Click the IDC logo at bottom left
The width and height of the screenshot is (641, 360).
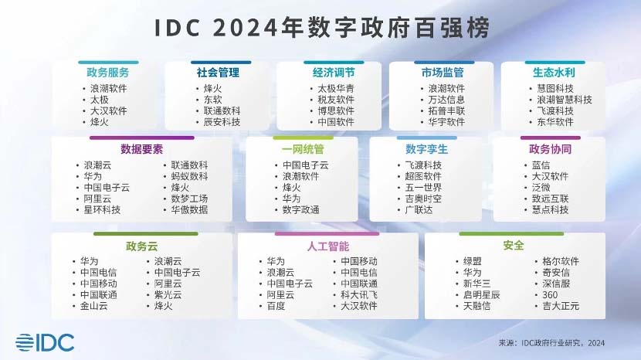coord(45,342)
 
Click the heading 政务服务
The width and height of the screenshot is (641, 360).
coord(108,73)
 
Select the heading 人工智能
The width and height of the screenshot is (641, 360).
coord(328,246)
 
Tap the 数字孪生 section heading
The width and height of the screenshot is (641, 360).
coord(426,149)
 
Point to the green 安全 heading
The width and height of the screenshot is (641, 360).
coord(514,246)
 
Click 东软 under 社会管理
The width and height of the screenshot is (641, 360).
coord(213,100)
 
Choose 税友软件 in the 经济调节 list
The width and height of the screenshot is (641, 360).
coord(336,100)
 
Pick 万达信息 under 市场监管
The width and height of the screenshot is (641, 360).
coord(446,100)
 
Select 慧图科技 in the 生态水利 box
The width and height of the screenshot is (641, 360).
coord(555,88)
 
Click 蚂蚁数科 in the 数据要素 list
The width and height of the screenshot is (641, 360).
coord(189,176)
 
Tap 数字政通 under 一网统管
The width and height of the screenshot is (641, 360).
coord(301,210)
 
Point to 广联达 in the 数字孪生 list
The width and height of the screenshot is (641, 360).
coord(419,210)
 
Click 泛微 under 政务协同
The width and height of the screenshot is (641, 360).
coord(541,188)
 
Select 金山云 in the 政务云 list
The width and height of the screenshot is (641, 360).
coord(94,306)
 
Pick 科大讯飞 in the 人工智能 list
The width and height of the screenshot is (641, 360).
coord(359,295)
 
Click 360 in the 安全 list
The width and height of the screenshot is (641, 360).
coord(550,295)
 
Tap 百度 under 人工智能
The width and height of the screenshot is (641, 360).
coord(276,306)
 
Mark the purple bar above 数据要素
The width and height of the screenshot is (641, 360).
coord(142,138)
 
